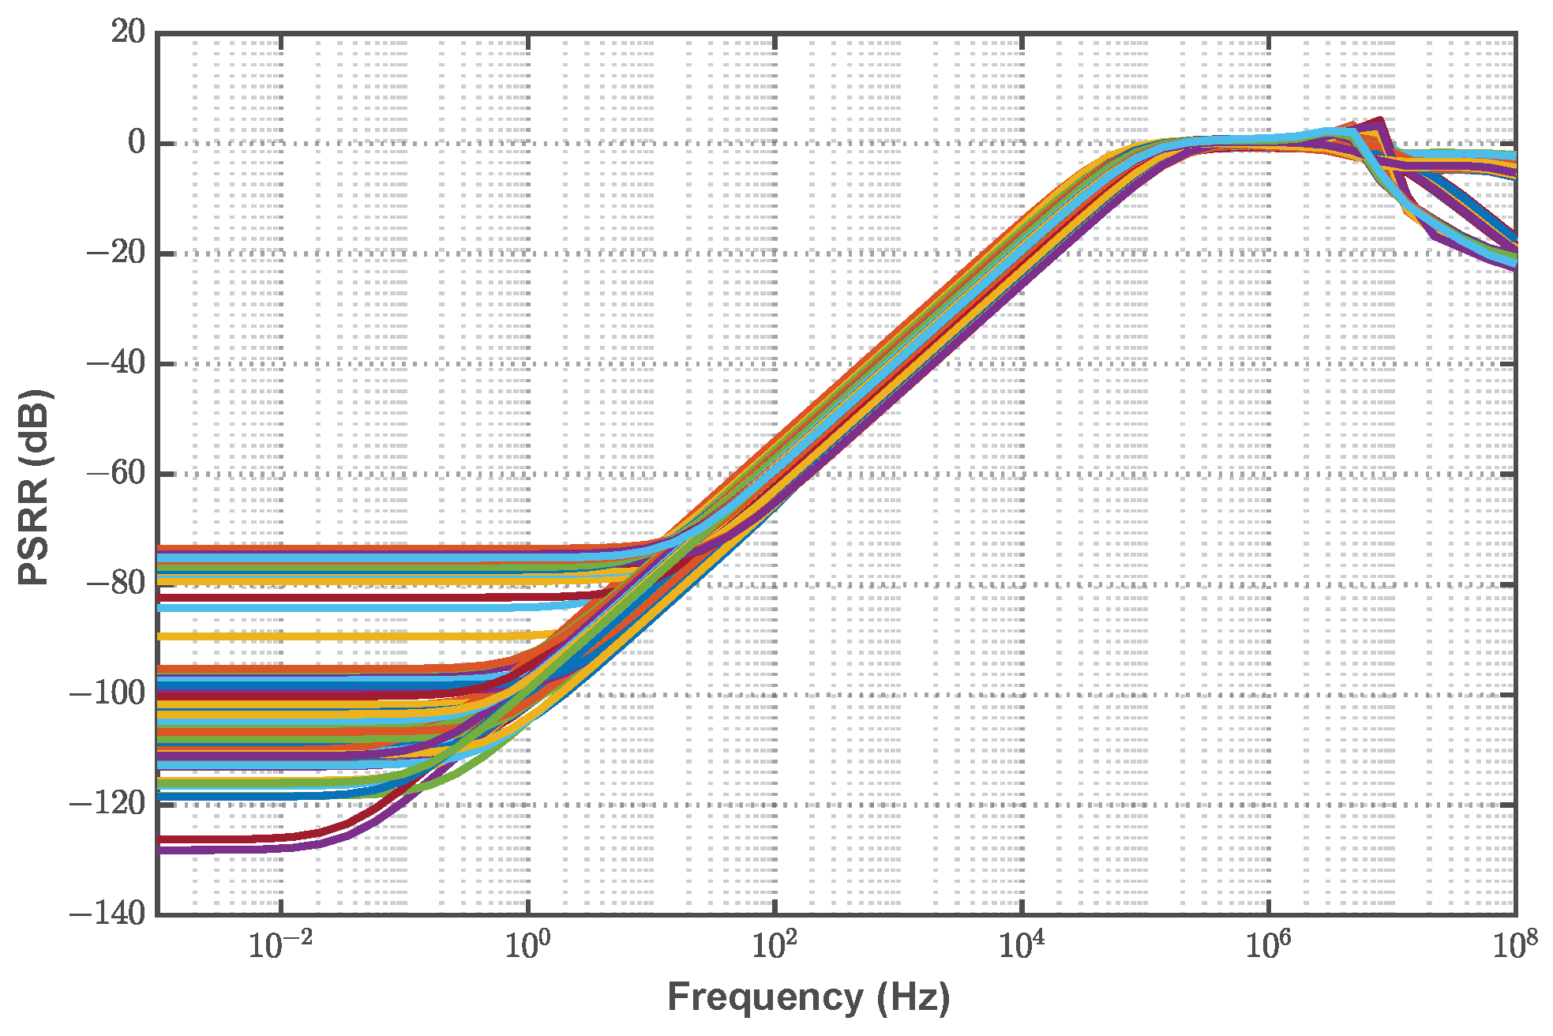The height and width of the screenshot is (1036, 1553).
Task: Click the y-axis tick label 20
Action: [x=127, y=33]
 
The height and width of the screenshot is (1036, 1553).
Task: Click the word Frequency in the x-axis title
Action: [x=764, y=997]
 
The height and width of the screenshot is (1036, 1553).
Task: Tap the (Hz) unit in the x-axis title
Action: [x=913, y=997]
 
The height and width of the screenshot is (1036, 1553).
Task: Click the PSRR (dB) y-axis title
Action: [x=35, y=487]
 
